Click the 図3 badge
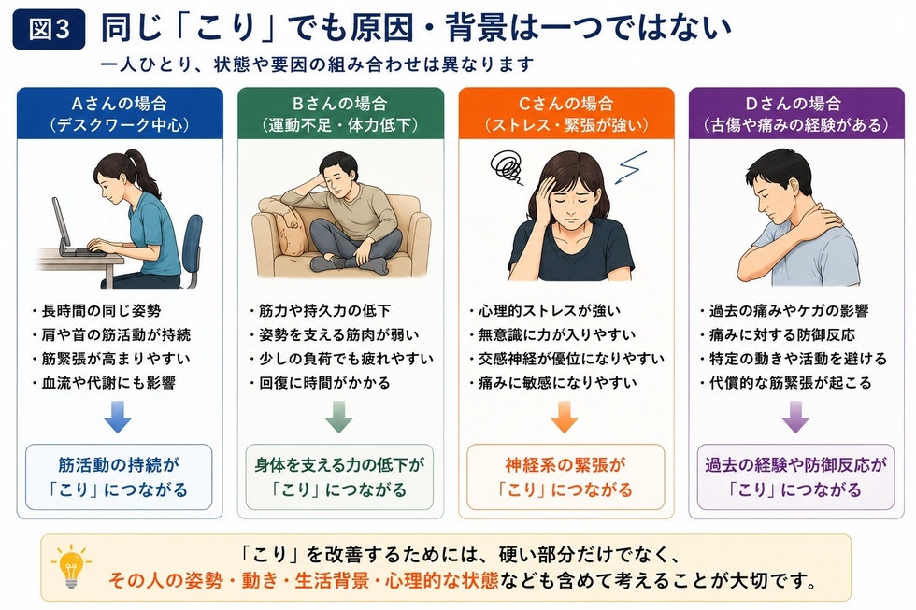point(49,29)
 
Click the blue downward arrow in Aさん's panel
point(118,417)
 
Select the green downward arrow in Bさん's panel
point(338,417)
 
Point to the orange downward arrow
point(565,417)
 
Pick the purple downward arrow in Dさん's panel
point(795,417)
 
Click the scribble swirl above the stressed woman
point(507,165)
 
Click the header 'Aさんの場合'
point(120,104)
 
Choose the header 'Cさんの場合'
point(565,104)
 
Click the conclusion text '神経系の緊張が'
point(565,465)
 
